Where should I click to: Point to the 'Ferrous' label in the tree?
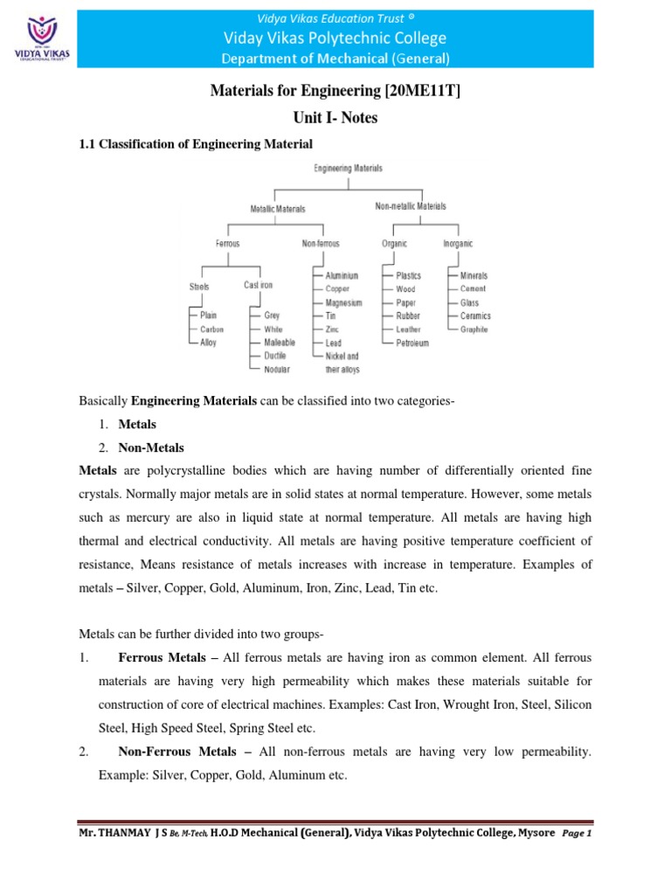[228, 244]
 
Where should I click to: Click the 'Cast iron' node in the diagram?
[259, 285]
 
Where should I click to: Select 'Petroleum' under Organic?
[412, 343]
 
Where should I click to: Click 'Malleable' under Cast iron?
[280, 343]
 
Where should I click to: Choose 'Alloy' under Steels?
[208, 343]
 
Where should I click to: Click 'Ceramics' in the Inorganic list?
[475, 316]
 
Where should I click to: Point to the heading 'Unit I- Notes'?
[335, 118]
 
